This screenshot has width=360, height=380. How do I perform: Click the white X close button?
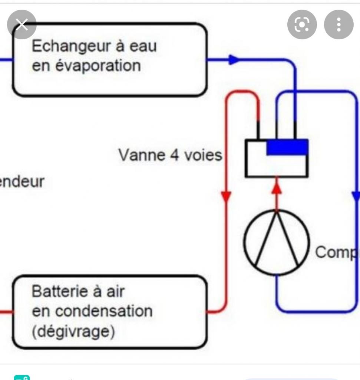(x=22, y=25)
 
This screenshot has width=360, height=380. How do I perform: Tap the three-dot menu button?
(x=338, y=25)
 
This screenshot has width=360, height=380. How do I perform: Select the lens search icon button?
(x=302, y=25)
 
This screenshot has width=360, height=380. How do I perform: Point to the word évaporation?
(x=97, y=66)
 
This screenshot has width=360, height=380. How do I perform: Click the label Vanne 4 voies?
(x=170, y=155)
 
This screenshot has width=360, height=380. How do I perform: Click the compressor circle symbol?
(x=277, y=242)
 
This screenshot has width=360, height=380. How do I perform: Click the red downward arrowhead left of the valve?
(x=226, y=197)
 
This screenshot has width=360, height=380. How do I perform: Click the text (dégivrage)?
(x=73, y=331)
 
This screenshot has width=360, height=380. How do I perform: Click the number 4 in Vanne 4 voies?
(x=174, y=155)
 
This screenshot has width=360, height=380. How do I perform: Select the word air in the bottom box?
(x=115, y=291)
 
